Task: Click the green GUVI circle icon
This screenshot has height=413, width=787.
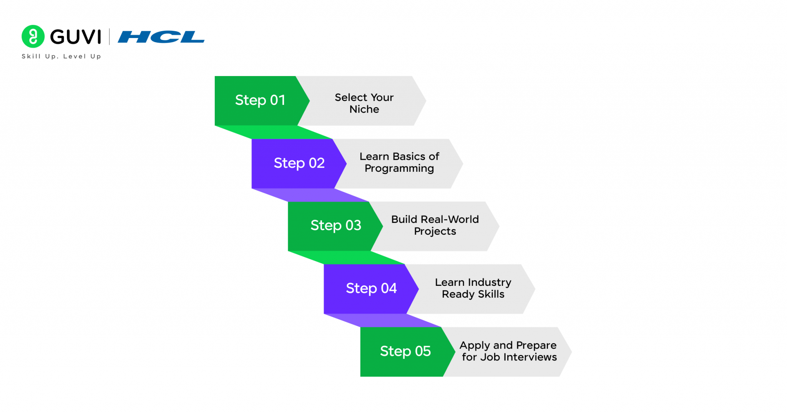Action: coord(33,36)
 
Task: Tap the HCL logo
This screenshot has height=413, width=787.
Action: coord(161,37)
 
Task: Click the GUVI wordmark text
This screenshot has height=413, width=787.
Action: coord(76,37)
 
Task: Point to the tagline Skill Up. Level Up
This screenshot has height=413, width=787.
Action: coord(61,56)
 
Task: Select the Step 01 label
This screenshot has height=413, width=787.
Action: coord(260,100)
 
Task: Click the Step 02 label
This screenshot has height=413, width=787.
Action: coord(299,163)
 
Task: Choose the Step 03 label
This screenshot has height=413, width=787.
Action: coord(335,226)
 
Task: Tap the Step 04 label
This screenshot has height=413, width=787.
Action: coord(371,288)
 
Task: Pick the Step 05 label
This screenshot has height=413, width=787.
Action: coord(405,351)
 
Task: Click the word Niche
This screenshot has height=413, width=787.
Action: coord(364,109)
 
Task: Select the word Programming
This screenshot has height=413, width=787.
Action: coord(399,169)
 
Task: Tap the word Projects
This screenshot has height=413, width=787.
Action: coord(435,231)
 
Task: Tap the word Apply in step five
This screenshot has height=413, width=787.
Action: coord(475,345)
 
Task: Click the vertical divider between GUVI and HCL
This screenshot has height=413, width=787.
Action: coord(110,37)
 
